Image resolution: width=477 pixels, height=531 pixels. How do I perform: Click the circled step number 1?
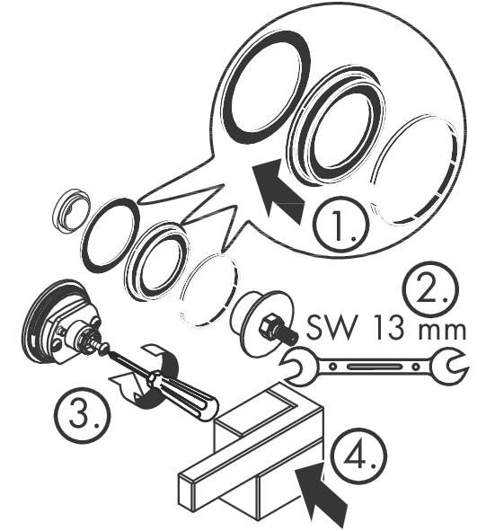[x=340, y=225]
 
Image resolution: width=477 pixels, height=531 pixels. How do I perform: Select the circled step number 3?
[x=83, y=414]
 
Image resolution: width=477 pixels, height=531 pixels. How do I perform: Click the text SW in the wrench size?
[x=331, y=327]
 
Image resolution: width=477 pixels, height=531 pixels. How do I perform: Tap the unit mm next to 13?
[x=442, y=331]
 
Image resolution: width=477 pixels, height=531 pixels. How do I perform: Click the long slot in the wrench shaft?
[x=374, y=367]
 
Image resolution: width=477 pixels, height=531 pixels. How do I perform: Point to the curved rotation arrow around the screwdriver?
[x=149, y=376]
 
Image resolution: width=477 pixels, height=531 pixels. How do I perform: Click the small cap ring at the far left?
[x=72, y=211]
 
